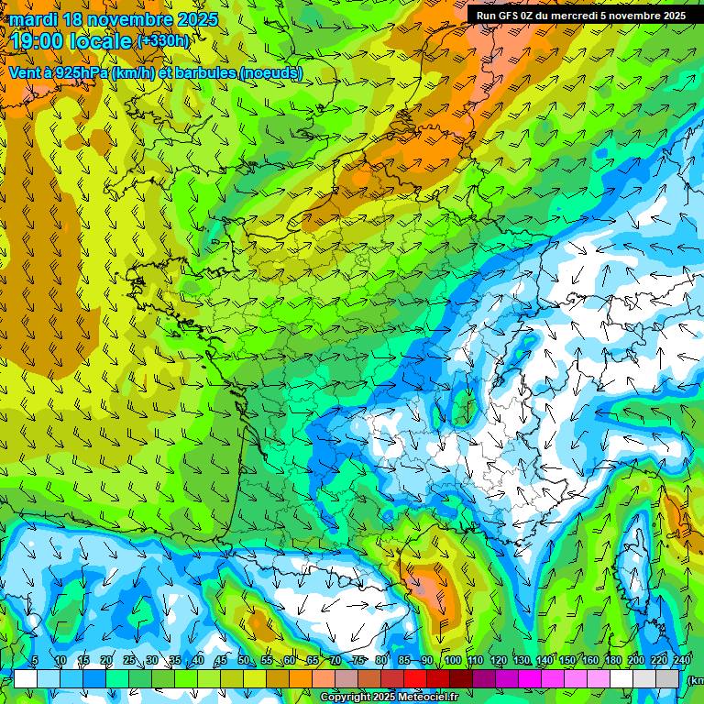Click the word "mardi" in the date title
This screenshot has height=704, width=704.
(33, 19)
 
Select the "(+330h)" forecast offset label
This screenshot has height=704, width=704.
(162, 40)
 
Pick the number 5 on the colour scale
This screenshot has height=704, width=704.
(34, 660)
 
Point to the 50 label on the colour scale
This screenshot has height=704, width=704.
(243, 660)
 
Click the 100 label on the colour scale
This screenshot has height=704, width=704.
(452, 660)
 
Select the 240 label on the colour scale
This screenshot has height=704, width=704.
(682, 660)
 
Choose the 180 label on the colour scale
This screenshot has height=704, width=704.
(613, 660)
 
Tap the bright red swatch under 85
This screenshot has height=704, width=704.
(415, 678)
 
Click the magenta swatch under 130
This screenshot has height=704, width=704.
(530, 678)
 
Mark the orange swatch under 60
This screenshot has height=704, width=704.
(301, 678)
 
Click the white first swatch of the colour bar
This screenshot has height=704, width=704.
(26, 678)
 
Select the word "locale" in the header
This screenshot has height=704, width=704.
(105, 40)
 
